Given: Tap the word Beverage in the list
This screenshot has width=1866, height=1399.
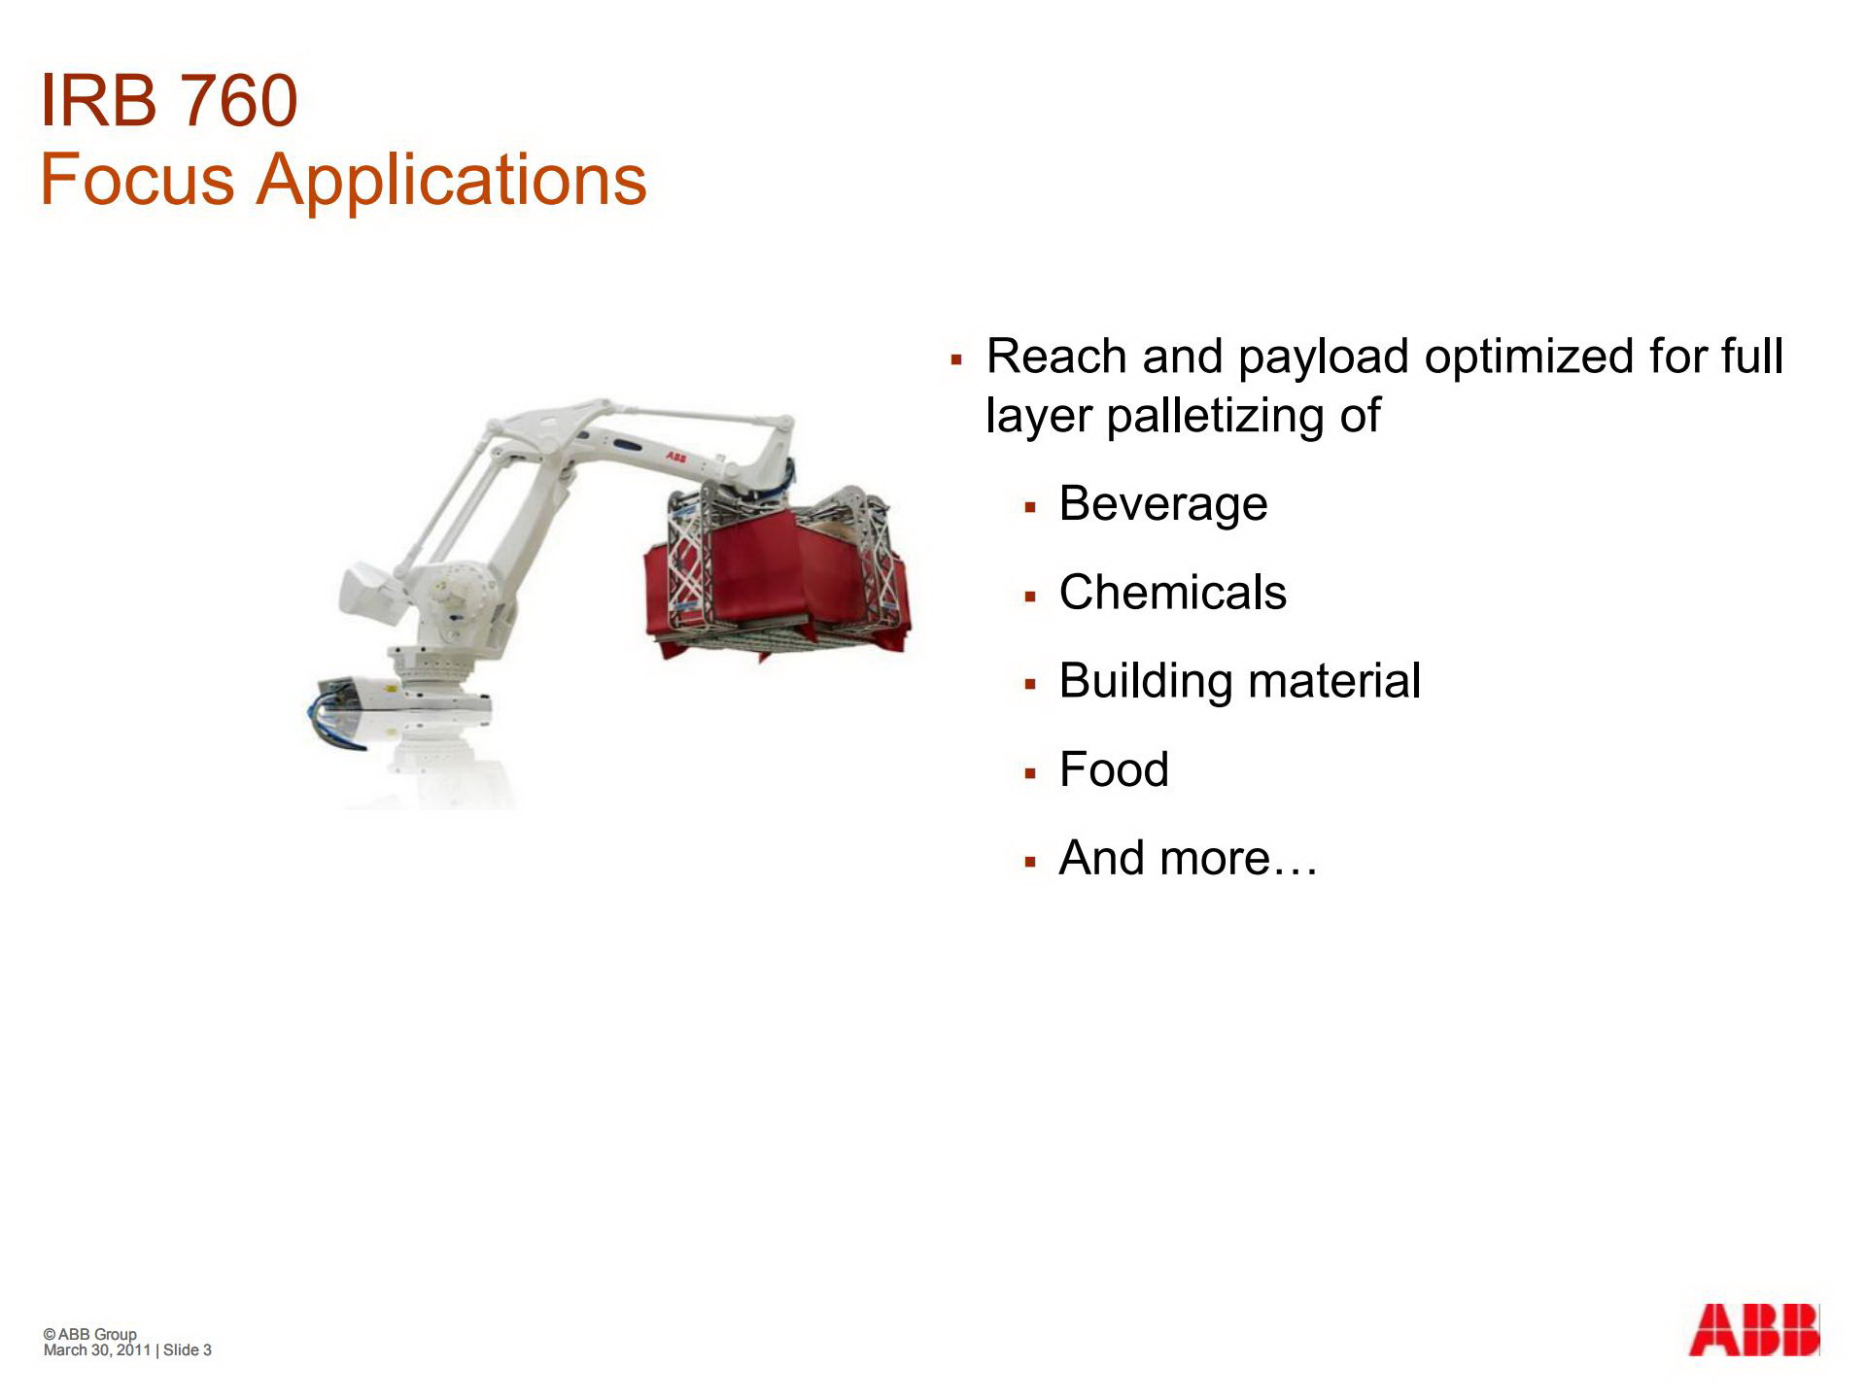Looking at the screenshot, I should point(1162,503).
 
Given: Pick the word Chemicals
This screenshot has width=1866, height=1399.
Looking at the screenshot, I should point(1172,593).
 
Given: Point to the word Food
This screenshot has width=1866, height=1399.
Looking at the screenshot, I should point(1113,769).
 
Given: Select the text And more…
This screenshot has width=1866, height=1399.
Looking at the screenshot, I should point(1188,858).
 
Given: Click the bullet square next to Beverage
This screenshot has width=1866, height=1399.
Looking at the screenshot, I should point(1030,507).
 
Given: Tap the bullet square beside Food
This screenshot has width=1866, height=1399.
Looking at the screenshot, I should point(1030,773).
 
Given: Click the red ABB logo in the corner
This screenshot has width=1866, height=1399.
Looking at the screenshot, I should point(1753,1330).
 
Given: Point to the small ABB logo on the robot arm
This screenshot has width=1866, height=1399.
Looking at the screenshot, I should point(675,456).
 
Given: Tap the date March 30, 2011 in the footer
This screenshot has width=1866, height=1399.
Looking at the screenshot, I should point(97,1350).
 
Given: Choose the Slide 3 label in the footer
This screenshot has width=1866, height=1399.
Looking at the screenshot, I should point(187,1350).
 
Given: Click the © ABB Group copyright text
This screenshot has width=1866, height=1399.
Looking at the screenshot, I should point(90,1334).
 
